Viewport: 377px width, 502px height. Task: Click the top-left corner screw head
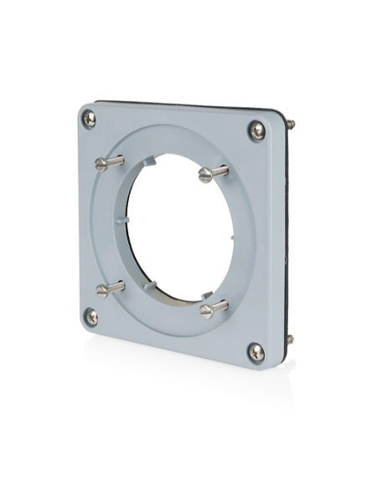pyautogui.click(x=90, y=119)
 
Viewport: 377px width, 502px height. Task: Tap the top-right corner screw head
pyautogui.click(x=256, y=131)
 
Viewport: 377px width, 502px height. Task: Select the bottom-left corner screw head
pyautogui.click(x=91, y=317)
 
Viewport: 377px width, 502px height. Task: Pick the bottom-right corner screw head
pyautogui.click(x=256, y=352)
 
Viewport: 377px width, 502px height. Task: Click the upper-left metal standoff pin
pyautogui.click(x=110, y=162)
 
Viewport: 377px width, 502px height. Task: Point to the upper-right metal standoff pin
pyautogui.click(x=213, y=173)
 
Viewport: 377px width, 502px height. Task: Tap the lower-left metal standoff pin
pyautogui.click(x=110, y=289)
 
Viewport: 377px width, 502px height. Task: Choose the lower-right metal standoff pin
pyautogui.click(x=214, y=309)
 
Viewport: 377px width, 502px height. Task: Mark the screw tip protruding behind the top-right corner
pyautogui.click(x=290, y=124)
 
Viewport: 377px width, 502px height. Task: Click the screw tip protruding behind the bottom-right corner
pyautogui.click(x=290, y=340)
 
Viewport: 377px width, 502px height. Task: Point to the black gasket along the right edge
pyautogui.click(x=286, y=234)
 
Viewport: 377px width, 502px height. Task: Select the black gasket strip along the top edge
pyautogui.click(x=184, y=105)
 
